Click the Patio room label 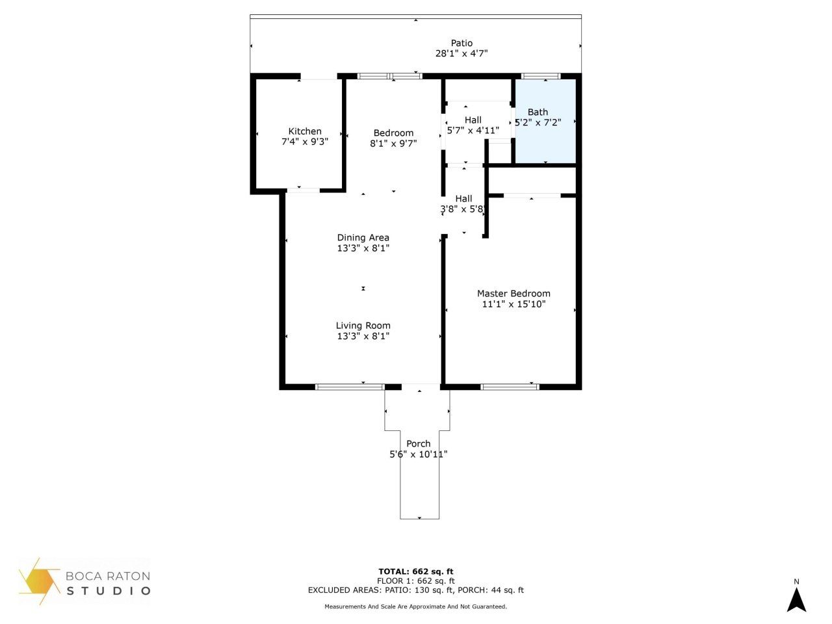(461, 43)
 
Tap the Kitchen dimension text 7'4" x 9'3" (304, 142)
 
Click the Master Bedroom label (513, 293)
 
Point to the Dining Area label (363, 237)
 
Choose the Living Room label (363, 326)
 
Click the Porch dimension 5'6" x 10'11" (418, 454)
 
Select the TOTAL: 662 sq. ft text (416, 572)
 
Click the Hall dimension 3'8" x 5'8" (463, 209)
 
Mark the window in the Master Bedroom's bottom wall (510, 387)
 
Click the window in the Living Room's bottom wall (350, 387)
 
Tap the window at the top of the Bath (541, 76)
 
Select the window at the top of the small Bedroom (390, 76)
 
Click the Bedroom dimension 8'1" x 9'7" (393, 144)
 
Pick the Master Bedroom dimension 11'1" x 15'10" (513, 304)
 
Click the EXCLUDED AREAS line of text (416, 590)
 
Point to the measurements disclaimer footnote (416, 606)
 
